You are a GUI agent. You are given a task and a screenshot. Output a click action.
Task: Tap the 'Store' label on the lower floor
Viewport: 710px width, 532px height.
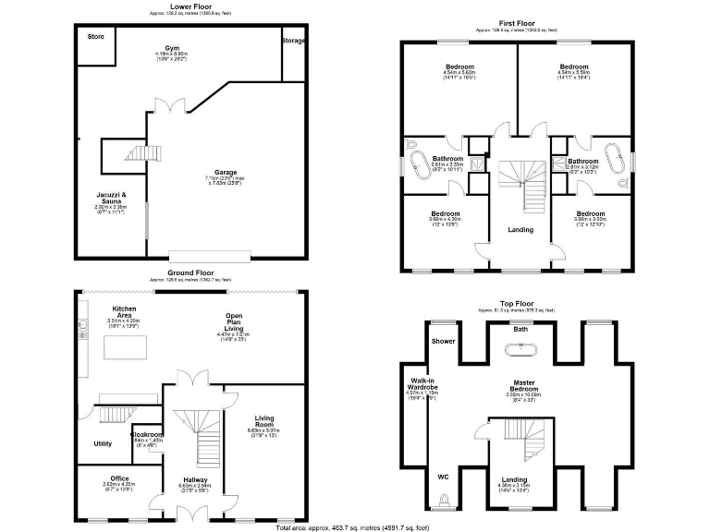tap(95, 36)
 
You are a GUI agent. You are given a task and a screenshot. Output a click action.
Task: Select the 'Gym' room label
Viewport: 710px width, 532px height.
tap(172, 47)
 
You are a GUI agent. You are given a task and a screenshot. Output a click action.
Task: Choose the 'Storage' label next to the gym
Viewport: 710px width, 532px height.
tap(294, 41)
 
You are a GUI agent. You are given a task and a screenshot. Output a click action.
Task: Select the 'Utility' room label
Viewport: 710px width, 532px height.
tap(103, 443)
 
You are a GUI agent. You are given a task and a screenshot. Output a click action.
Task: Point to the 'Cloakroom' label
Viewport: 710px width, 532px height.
tap(147, 434)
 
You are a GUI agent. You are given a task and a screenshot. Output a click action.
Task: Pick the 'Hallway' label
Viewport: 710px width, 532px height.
tap(195, 479)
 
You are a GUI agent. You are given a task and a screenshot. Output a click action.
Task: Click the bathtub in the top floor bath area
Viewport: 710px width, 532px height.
tap(521, 350)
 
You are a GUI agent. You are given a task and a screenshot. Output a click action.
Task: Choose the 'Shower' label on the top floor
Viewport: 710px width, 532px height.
tap(443, 340)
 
